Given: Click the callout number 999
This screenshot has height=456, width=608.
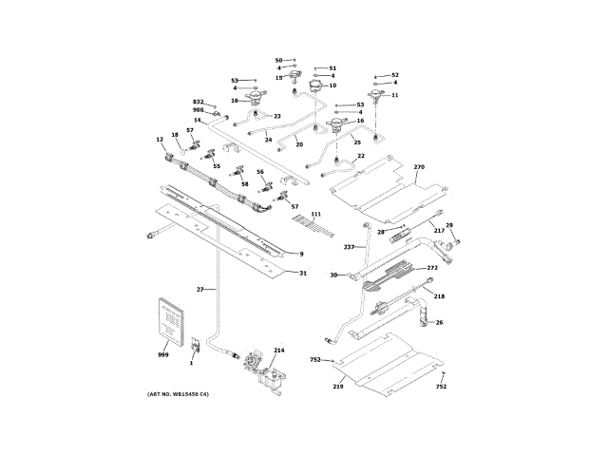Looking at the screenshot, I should coord(162,354).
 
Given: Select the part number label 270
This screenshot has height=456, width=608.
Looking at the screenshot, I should coord(419,167).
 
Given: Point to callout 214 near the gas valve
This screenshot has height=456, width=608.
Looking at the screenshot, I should coord(278,351).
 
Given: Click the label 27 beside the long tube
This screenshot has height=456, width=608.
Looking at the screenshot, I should coord(200,289).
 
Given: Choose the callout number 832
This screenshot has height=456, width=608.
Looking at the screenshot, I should coord(199,102).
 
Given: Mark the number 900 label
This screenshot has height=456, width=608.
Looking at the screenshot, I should coord(199,110).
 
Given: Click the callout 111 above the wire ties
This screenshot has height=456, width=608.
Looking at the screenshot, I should coord(315,215).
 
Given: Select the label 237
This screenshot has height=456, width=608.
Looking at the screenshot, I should coord(349,247).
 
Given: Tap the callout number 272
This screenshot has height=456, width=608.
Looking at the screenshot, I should coord(432,268).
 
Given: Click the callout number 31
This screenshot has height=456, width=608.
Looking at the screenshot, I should coord(303,274).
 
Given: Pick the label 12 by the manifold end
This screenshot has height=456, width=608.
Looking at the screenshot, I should coord(160,141).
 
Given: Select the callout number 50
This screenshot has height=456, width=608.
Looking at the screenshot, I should coord(278,60).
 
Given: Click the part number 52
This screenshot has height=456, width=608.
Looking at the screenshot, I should coord(395,75).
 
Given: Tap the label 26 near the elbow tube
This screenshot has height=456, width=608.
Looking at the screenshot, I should coord(439,322).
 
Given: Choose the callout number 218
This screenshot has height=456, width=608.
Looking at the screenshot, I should coord(439,296).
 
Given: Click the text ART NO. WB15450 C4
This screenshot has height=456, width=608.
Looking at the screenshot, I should coord(178,394).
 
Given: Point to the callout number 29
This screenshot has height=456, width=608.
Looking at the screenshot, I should coord(449,225).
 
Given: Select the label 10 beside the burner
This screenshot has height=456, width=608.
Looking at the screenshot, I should coord(332,85).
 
